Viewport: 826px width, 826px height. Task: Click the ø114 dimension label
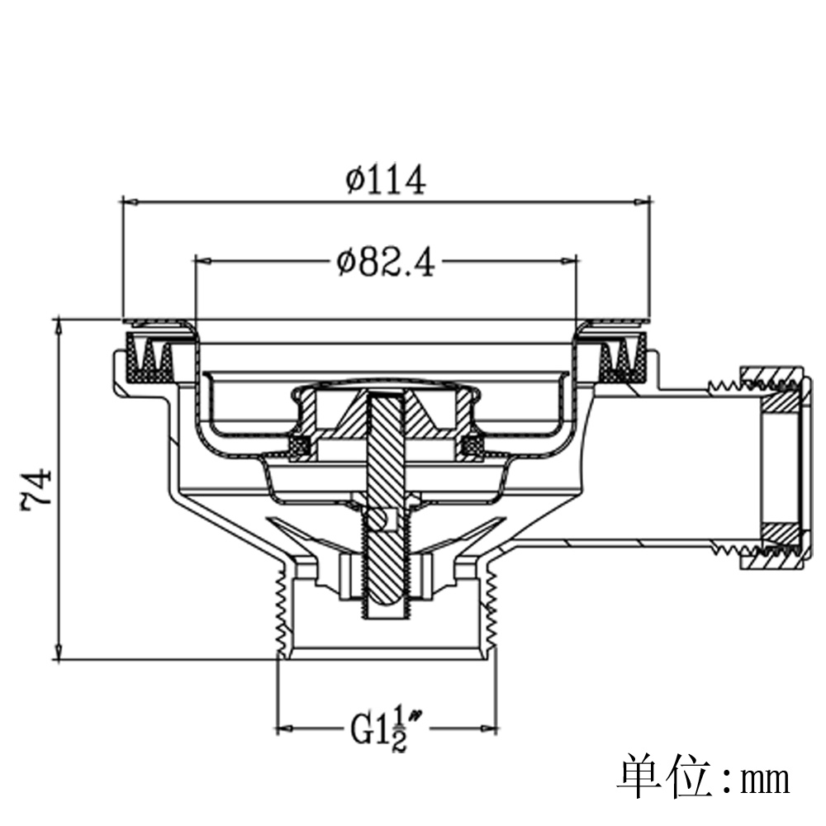click(x=386, y=179)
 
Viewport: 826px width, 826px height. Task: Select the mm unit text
click(x=766, y=781)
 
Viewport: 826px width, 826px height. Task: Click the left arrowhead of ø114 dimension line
click(x=130, y=202)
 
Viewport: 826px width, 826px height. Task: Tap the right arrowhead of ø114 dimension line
click(x=642, y=202)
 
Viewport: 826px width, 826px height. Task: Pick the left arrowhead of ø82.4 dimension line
click(x=203, y=261)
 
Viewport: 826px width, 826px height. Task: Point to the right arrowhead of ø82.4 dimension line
click(x=569, y=261)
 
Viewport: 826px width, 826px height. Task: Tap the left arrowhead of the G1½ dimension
click(x=285, y=729)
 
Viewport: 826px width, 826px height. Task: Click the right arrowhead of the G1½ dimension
click(x=489, y=729)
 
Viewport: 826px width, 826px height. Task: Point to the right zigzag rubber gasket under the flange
click(x=624, y=358)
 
